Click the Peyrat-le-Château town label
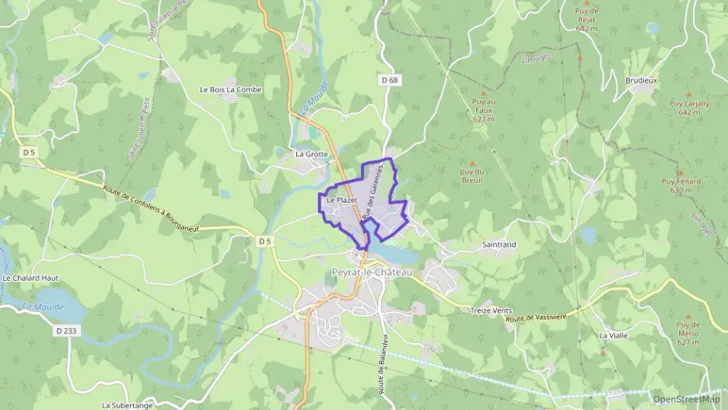pos(372,272)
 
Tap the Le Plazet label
pos(341,201)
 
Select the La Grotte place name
pos(312,154)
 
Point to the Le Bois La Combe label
pos(231,89)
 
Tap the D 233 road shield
pos(67,331)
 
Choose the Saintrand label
pos(499,244)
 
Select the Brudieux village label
pos(642,80)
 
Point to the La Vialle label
pos(613,335)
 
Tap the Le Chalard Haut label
pos(31,278)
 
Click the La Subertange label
pos(128,405)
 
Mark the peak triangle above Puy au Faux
pos(483,93)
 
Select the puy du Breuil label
pos(471,176)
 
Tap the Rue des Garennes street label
pos(377,190)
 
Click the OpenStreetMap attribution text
pos(687,399)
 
